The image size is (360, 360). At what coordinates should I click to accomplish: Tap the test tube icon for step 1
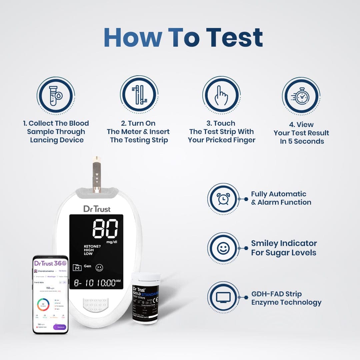(55, 96)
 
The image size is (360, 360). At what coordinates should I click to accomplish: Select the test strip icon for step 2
(139, 94)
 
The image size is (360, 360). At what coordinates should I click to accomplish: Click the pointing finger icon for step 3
(221, 95)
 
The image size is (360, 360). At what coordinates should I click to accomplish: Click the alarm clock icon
(223, 199)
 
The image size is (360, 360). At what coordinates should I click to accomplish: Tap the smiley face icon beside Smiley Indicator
(223, 248)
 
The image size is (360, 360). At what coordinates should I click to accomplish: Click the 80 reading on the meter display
(105, 229)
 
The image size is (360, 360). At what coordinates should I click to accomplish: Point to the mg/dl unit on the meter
(111, 242)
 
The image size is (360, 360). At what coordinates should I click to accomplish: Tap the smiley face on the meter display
(99, 267)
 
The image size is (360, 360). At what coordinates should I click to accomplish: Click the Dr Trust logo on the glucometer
(97, 209)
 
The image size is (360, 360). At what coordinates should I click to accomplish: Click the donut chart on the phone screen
(43, 304)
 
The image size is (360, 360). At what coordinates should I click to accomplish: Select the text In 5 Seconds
(302, 141)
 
